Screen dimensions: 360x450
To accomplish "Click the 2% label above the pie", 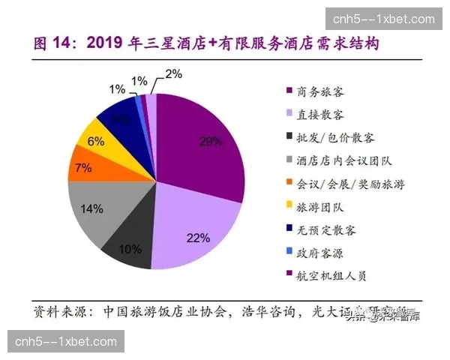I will pyautogui.click(x=173, y=74).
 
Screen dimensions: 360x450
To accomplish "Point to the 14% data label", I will pyautogui.click(x=92, y=208).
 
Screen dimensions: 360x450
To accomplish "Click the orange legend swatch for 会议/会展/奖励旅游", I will pyautogui.click(x=289, y=184).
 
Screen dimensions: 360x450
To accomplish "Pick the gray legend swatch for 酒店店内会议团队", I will pyautogui.click(x=289, y=161).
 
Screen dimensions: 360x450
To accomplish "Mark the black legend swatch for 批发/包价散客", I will pyautogui.click(x=289, y=138).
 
